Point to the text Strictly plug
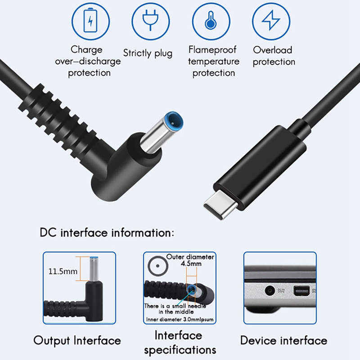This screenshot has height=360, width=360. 148,54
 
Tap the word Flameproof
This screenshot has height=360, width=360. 211,49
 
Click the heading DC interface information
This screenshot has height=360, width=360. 107,233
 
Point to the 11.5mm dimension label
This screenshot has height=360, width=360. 63,271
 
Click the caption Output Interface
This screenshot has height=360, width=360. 77,340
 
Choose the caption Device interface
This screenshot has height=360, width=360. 283,340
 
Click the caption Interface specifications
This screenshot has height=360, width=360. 180,342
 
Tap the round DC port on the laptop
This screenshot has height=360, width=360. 270,291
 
